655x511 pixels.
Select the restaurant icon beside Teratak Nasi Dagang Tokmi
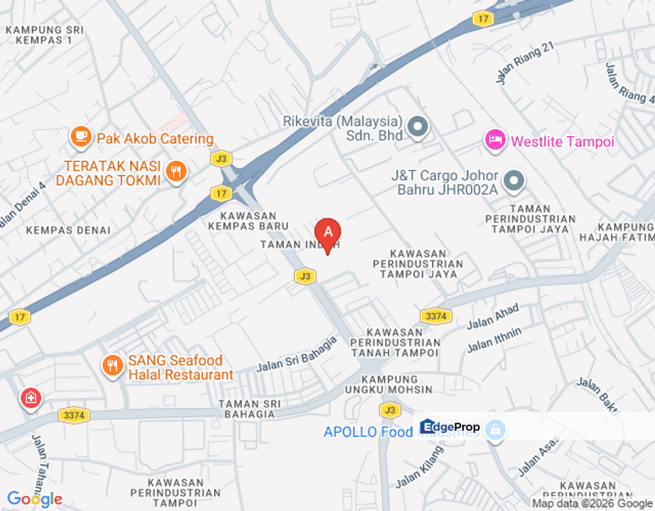tap(175, 171)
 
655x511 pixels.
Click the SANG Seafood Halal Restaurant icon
tap(112, 366)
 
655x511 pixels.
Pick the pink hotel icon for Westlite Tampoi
tap(495, 140)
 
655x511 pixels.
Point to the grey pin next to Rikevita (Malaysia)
tap(418, 128)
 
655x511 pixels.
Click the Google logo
tap(34, 500)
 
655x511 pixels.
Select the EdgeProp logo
tap(450, 427)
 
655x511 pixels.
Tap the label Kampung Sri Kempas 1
tap(45, 35)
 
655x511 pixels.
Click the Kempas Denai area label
tap(68, 230)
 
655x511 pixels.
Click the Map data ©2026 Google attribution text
tap(592, 503)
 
